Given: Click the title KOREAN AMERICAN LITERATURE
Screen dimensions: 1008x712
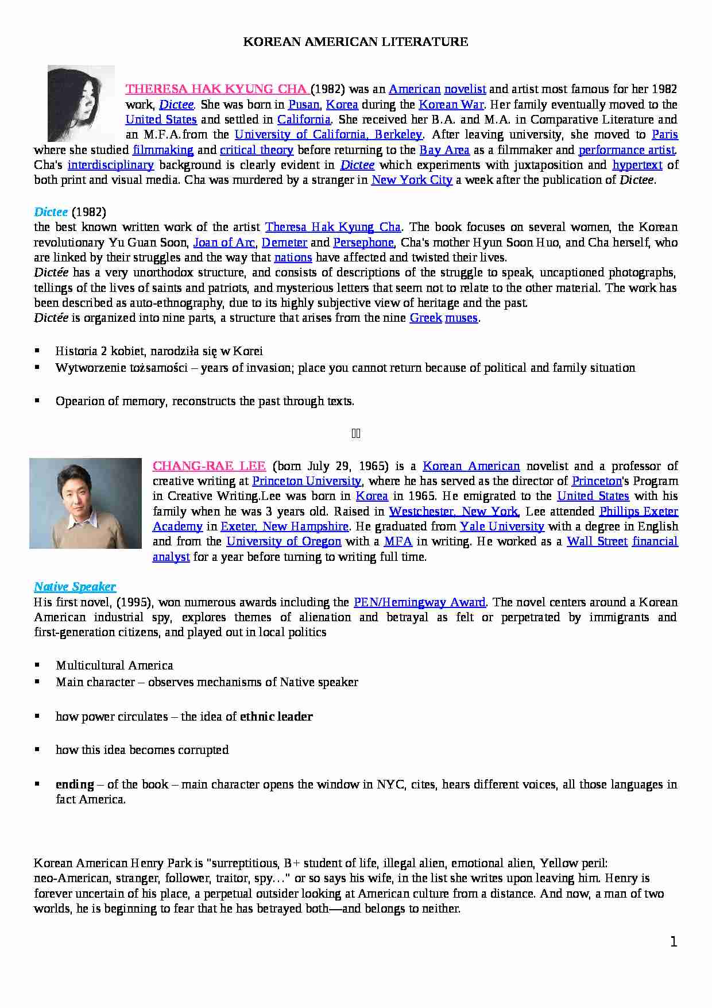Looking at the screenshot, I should (355, 42).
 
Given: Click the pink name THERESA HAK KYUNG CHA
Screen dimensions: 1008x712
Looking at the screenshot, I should (217, 89).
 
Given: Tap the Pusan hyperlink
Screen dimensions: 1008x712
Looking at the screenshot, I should (304, 105).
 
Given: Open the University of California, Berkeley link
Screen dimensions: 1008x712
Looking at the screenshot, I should (328, 134).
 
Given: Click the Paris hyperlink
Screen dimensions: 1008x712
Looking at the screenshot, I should (665, 134).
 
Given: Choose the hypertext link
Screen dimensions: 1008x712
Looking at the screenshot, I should (637, 165).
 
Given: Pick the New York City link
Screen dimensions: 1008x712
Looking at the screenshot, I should (412, 180).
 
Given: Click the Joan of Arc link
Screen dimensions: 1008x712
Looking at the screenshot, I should (224, 243).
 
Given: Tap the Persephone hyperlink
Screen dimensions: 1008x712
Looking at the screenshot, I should (363, 243).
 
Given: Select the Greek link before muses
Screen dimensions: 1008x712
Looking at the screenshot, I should (425, 318).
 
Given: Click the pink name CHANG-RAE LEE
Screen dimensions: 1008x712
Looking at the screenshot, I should (209, 466).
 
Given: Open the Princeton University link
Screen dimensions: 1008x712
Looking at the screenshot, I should (307, 481).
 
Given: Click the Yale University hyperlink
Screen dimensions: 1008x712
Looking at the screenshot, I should (502, 526).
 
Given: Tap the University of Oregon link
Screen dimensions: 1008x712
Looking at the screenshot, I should (284, 541).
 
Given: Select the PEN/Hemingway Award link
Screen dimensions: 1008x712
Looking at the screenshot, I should (420, 602).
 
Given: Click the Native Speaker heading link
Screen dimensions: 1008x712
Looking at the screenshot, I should (75, 587).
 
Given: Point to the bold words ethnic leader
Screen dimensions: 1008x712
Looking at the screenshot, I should (276, 717).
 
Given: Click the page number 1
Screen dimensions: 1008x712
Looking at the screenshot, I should (674, 941).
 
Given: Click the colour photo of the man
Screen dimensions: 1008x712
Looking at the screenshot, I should (86, 503).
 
